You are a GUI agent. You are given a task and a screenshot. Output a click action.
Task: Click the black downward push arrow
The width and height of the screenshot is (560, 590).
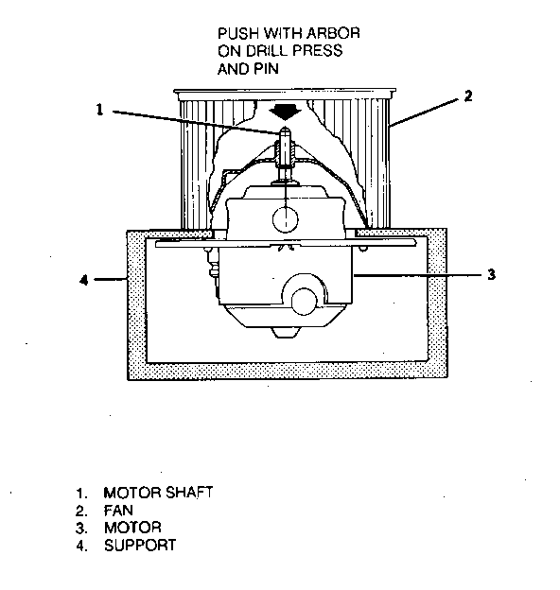pyautogui.click(x=285, y=113)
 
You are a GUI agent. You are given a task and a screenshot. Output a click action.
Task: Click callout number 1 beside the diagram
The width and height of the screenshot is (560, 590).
pyautogui.click(x=99, y=110)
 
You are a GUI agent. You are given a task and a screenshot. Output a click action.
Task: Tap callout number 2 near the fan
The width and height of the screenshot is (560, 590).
pyautogui.click(x=468, y=95)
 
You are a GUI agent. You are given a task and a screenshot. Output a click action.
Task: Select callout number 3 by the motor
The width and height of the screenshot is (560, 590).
pyautogui.click(x=491, y=275)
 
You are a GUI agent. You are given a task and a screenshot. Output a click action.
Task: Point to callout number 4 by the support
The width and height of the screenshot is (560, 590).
pyautogui.click(x=84, y=280)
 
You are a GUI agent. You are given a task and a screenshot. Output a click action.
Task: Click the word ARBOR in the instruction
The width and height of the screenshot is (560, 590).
pyautogui.click(x=333, y=33)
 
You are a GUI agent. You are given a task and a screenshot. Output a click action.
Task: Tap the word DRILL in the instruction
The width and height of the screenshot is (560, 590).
pyautogui.click(x=270, y=51)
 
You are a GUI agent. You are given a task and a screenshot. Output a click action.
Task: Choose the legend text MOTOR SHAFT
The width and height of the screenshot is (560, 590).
pyautogui.click(x=158, y=493)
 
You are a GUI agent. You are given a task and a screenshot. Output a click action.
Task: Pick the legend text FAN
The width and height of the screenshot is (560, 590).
pyautogui.click(x=118, y=511)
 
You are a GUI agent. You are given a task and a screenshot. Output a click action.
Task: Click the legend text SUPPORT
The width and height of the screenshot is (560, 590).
pyautogui.click(x=140, y=546)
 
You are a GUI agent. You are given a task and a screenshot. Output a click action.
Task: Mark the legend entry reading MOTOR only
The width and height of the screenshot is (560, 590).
pyautogui.click(x=132, y=528)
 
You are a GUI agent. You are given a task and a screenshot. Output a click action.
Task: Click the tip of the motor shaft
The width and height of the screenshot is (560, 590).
pyautogui.click(x=286, y=128)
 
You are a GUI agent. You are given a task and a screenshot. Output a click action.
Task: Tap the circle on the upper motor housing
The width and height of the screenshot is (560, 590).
pyautogui.click(x=286, y=219)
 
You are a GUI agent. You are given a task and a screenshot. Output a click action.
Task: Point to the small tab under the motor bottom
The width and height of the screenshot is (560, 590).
pyautogui.click(x=286, y=332)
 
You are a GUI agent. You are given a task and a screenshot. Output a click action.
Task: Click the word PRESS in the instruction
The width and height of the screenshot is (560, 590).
pyautogui.click(x=319, y=51)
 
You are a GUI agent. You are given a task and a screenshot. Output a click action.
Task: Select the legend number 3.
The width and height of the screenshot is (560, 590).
pyautogui.click(x=80, y=528)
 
